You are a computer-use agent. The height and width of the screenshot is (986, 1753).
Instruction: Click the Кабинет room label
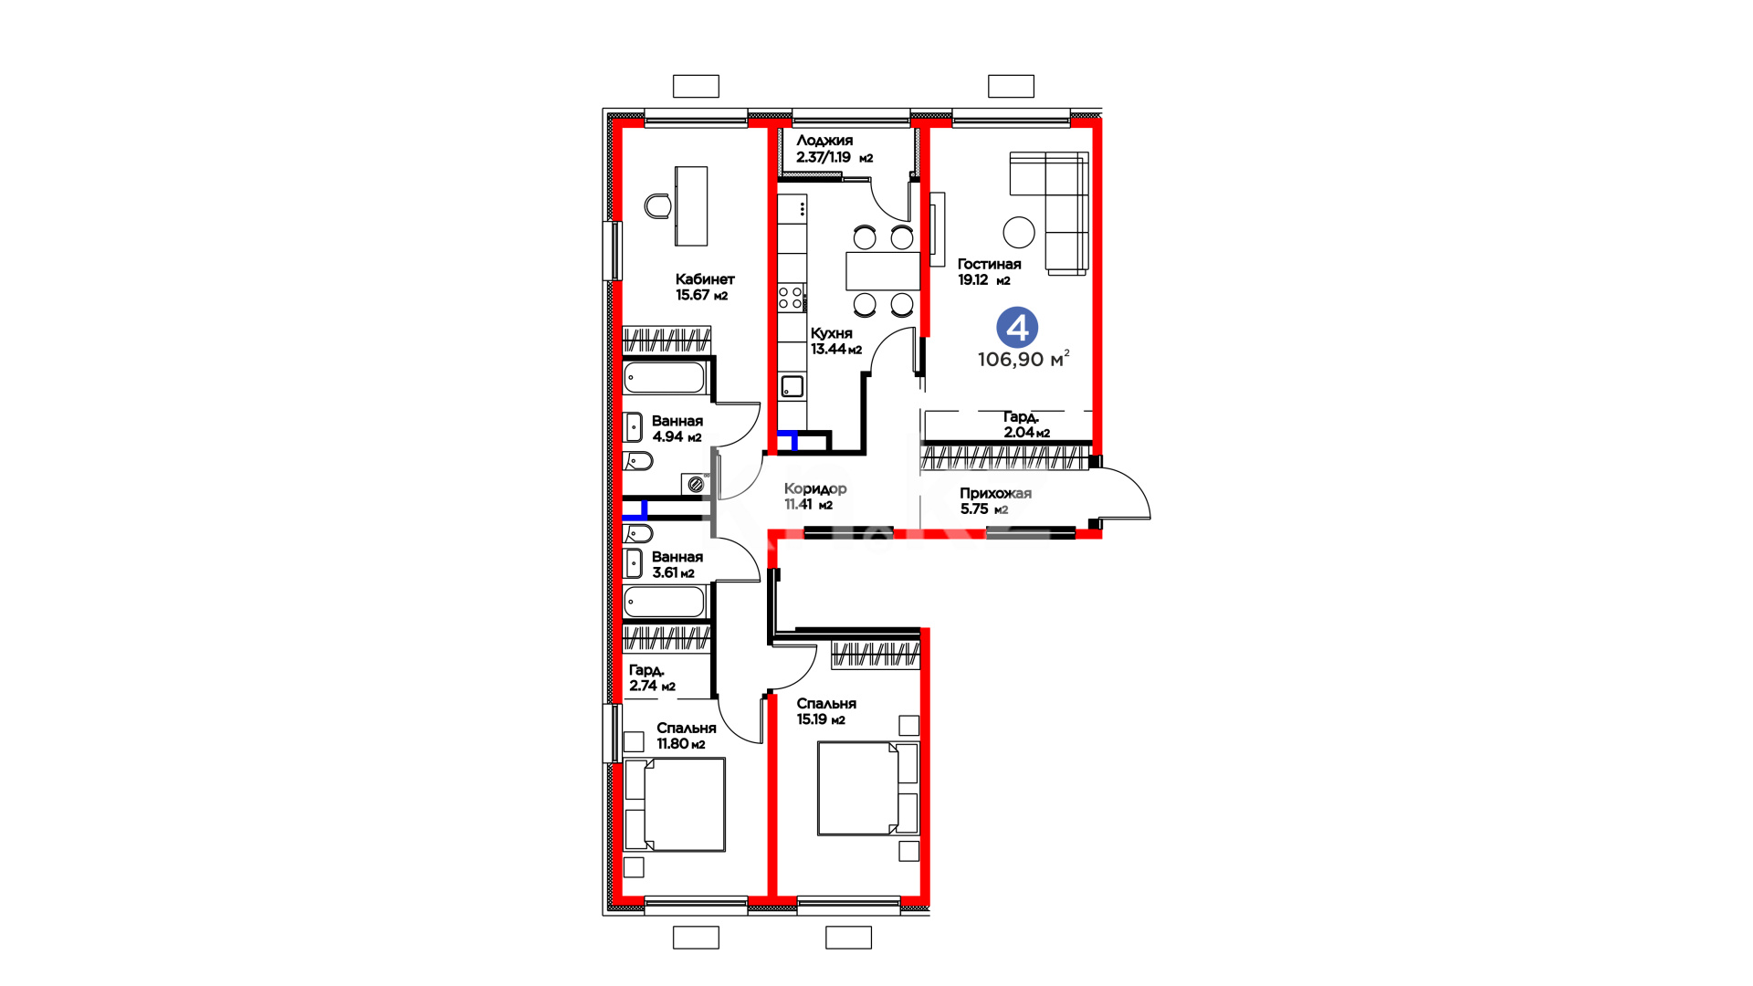(x=705, y=279)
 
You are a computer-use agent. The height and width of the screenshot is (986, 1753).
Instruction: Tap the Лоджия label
(x=824, y=141)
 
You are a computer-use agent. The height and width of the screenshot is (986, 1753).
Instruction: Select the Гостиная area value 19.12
(x=972, y=280)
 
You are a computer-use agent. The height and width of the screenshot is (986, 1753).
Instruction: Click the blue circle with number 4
(x=1017, y=328)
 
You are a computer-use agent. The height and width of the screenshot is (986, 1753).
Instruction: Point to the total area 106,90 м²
(x=1023, y=359)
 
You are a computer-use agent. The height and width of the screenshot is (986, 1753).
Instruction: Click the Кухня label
(x=832, y=333)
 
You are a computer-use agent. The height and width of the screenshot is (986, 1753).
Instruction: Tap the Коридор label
(x=815, y=488)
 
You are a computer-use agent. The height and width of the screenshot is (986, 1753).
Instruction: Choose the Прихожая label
(x=995, y=493)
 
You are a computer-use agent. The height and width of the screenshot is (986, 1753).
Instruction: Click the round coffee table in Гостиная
(x=1019, y=232)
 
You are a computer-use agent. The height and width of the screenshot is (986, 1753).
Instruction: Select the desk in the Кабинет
(x=691, y=205)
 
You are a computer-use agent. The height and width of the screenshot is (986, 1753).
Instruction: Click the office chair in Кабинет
(x=657, y=206)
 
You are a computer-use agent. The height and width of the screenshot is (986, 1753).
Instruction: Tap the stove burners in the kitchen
(x=791, y=298)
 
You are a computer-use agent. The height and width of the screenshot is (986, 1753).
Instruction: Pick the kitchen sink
(x=793, y=385)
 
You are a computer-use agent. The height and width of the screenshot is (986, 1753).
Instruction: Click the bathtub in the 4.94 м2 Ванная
(x=665, y=378)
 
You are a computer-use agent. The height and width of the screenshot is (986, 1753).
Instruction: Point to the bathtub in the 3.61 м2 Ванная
(x=665, y=603)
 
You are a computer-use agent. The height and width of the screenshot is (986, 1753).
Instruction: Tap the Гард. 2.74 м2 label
(x=652, y=678)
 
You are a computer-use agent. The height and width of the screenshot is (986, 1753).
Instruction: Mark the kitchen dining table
(x=882, y=271)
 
